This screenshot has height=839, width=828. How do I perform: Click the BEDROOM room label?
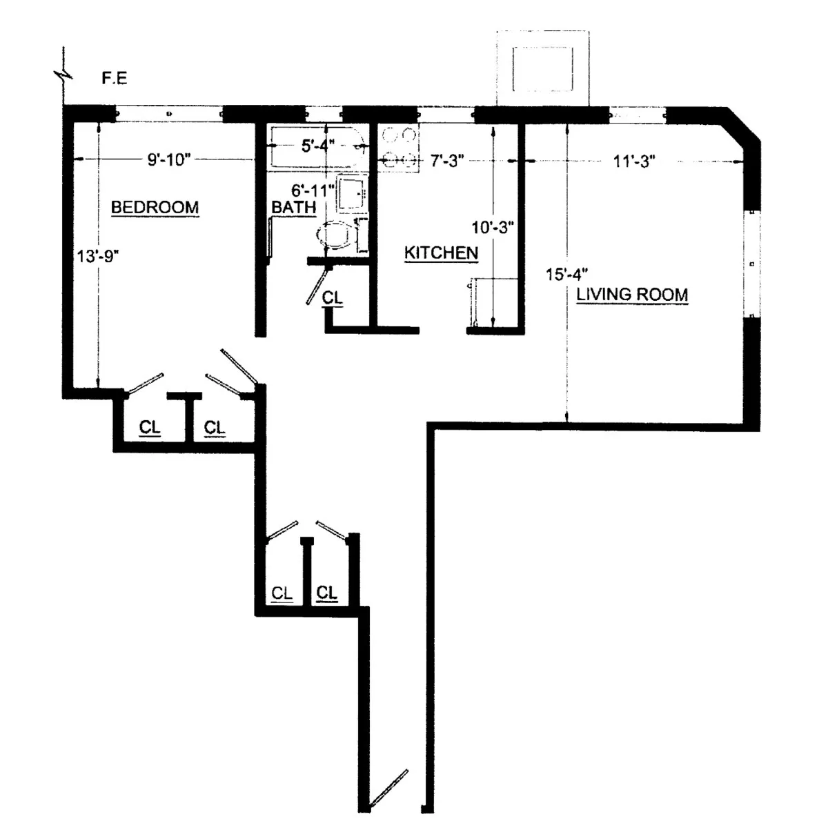coord(155,207)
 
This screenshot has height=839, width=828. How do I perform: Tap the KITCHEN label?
coord(441,253)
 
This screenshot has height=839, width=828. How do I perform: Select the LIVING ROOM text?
coord(632,295)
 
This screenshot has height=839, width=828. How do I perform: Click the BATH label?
coord(293,207)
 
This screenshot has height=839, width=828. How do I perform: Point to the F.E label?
coord(115,79)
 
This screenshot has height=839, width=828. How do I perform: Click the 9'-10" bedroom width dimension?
coord(168,160)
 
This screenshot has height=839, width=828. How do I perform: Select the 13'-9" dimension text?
coord(99,256)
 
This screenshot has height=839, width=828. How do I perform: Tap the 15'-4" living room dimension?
coord(566,275)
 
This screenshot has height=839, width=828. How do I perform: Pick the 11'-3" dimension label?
coord(634,161)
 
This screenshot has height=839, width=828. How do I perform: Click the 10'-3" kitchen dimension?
coord(493,228)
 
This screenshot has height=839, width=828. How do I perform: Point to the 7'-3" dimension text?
coord(446,161)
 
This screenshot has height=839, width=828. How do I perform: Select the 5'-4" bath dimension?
coord(318,146)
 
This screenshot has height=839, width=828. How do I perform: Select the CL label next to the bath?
coord(333,298)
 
